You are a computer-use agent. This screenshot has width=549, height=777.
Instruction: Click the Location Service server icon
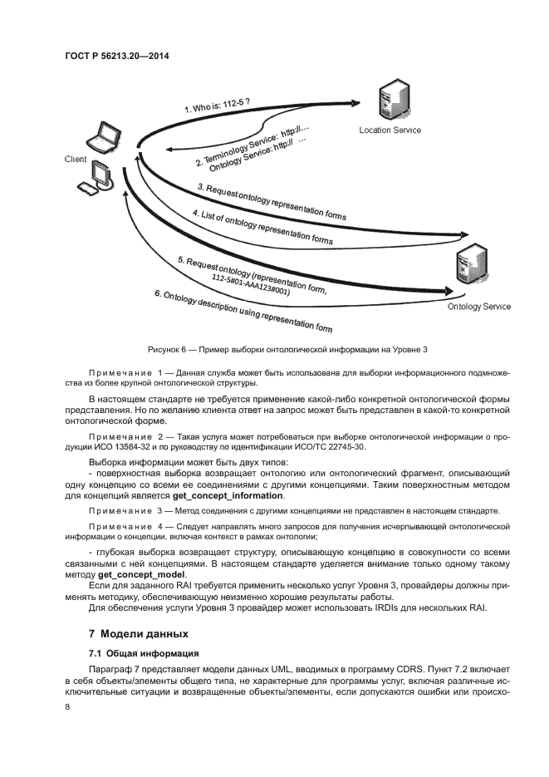pyautogui.click(x=394, y=102)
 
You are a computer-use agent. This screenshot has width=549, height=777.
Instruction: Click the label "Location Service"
pyautogui.click(x=390, y=130)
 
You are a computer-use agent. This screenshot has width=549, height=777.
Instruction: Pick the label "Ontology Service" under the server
pyautogui.click(x=479, y=307)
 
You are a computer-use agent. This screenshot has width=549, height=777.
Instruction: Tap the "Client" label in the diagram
pyautogui.click(x=76, y=159)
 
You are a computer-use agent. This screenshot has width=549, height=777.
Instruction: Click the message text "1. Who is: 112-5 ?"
pyautogui.click(x=217, y=105)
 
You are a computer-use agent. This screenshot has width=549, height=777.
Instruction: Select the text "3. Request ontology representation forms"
pyautogui.click(x=272, y=202)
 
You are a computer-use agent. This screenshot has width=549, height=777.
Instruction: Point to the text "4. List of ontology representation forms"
pyautogui.click(x=262, y=227)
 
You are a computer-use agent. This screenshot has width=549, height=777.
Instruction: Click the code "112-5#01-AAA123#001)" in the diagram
pyautogui.click(x=250, y=284)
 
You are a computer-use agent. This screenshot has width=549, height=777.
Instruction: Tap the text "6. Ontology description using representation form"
pyautogui.click(x=243, y=311)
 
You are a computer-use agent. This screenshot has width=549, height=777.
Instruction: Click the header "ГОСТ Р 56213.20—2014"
pyautogui.click(x=117, y=56)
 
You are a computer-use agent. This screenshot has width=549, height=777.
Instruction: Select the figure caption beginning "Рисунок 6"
pyautogui.click(x=287, y=350)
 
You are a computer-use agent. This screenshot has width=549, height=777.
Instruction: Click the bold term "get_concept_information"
pyautogui.click(x=228, y=495)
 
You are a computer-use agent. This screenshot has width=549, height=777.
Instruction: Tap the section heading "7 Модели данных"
pyautogui.click(x=139, y=634)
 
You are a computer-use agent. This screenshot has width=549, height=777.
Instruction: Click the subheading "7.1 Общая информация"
pyautogui.click(x=144, y=653)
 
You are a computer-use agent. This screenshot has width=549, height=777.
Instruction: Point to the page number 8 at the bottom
pyautogui.click(x=67, y=707)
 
